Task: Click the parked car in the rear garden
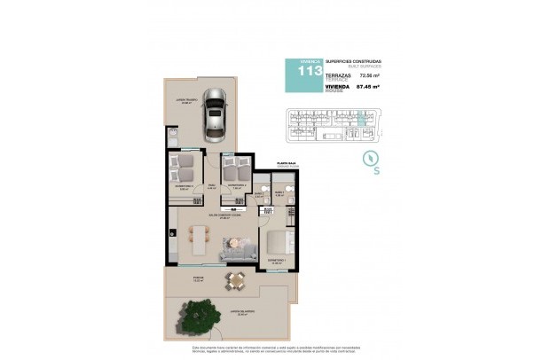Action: click(x=214, y=115)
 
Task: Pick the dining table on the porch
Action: click(x=235, y=283)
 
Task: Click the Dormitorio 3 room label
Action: click(x=184, y=186)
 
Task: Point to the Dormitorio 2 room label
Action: click(x=236, y=186)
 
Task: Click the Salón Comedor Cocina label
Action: click(x=218, y=215)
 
